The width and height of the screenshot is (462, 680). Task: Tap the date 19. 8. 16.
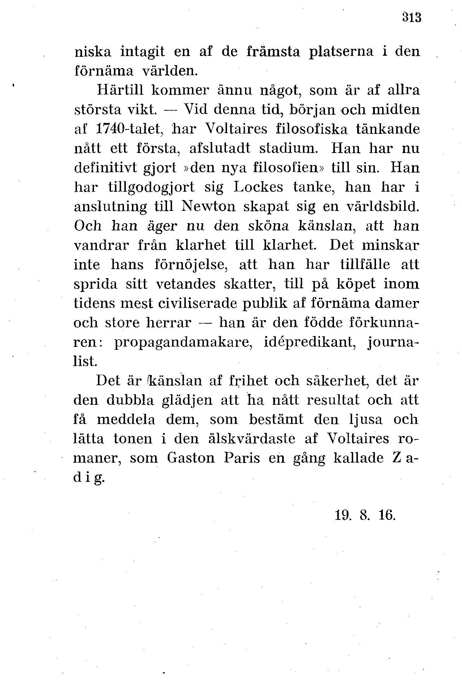[x=365, y=515]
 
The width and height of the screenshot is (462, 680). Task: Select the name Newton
[x=209, y=207]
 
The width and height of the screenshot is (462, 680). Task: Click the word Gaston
[x=191, y=458]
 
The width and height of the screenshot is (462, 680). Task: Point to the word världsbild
[x=383, y=207]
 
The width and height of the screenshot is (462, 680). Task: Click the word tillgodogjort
[x=151, y=187]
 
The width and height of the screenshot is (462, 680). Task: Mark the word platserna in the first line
[x=341, y=52]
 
